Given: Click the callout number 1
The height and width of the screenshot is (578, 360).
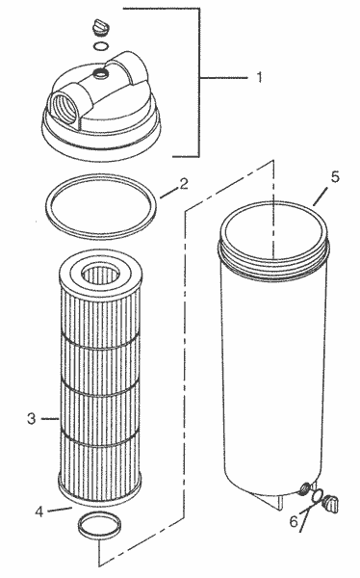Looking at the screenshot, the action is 259,77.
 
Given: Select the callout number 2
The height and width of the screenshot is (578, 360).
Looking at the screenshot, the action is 184,184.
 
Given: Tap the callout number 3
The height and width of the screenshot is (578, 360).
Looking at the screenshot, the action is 32,418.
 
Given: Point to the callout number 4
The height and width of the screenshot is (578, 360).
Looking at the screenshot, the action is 39,512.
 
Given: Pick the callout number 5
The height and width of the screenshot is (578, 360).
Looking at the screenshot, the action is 335,177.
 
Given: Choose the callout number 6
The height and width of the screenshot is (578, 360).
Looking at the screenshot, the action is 294,521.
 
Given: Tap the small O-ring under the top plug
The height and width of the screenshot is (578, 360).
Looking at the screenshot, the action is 101,46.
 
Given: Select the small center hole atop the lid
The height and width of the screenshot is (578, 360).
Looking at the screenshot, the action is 100,73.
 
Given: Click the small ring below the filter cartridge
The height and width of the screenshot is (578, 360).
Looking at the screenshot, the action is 100,524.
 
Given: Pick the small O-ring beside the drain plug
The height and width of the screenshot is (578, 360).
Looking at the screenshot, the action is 317,496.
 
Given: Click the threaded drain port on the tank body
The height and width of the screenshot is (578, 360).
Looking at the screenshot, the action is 305,487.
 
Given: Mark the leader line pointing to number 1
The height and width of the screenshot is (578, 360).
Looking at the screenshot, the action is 223,78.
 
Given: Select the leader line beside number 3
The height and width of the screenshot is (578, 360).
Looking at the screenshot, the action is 50,419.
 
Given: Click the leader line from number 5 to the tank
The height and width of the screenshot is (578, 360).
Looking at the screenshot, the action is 320,197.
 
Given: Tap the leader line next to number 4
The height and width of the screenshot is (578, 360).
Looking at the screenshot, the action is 60,509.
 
